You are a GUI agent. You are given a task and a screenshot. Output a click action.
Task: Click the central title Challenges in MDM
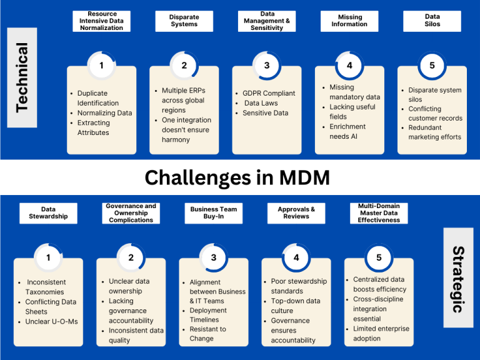point(237,177)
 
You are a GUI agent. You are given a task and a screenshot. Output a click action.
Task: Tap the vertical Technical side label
point(22,77)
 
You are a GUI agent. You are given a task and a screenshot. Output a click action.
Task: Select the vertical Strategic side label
point(458,277)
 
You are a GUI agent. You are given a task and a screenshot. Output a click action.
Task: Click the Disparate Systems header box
point(184,21)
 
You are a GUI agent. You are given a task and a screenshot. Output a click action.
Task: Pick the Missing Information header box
point(349,21)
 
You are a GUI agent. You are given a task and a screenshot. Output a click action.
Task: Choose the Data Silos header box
point(432,21)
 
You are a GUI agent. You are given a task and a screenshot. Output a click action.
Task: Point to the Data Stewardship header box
point(48,213)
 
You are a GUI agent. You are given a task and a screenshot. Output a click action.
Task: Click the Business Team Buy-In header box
point(214,213)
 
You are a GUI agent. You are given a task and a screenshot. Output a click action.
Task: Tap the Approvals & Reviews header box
point(296,213)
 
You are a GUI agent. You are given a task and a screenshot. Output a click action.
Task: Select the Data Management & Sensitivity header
point(266,21)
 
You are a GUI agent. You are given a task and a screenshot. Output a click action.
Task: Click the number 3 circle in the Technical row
point(266,65)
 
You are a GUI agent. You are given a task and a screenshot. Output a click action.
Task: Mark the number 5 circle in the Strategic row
point(379,257)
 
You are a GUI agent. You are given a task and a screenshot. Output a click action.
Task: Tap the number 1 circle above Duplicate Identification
point(101,65)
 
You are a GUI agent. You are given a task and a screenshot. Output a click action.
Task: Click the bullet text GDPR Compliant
point(269,94)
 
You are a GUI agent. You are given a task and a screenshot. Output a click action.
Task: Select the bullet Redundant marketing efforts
point(434,132)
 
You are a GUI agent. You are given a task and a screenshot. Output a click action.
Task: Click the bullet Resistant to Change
point(208,334)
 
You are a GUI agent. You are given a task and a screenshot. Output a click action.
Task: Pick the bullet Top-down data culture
point(295,306)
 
